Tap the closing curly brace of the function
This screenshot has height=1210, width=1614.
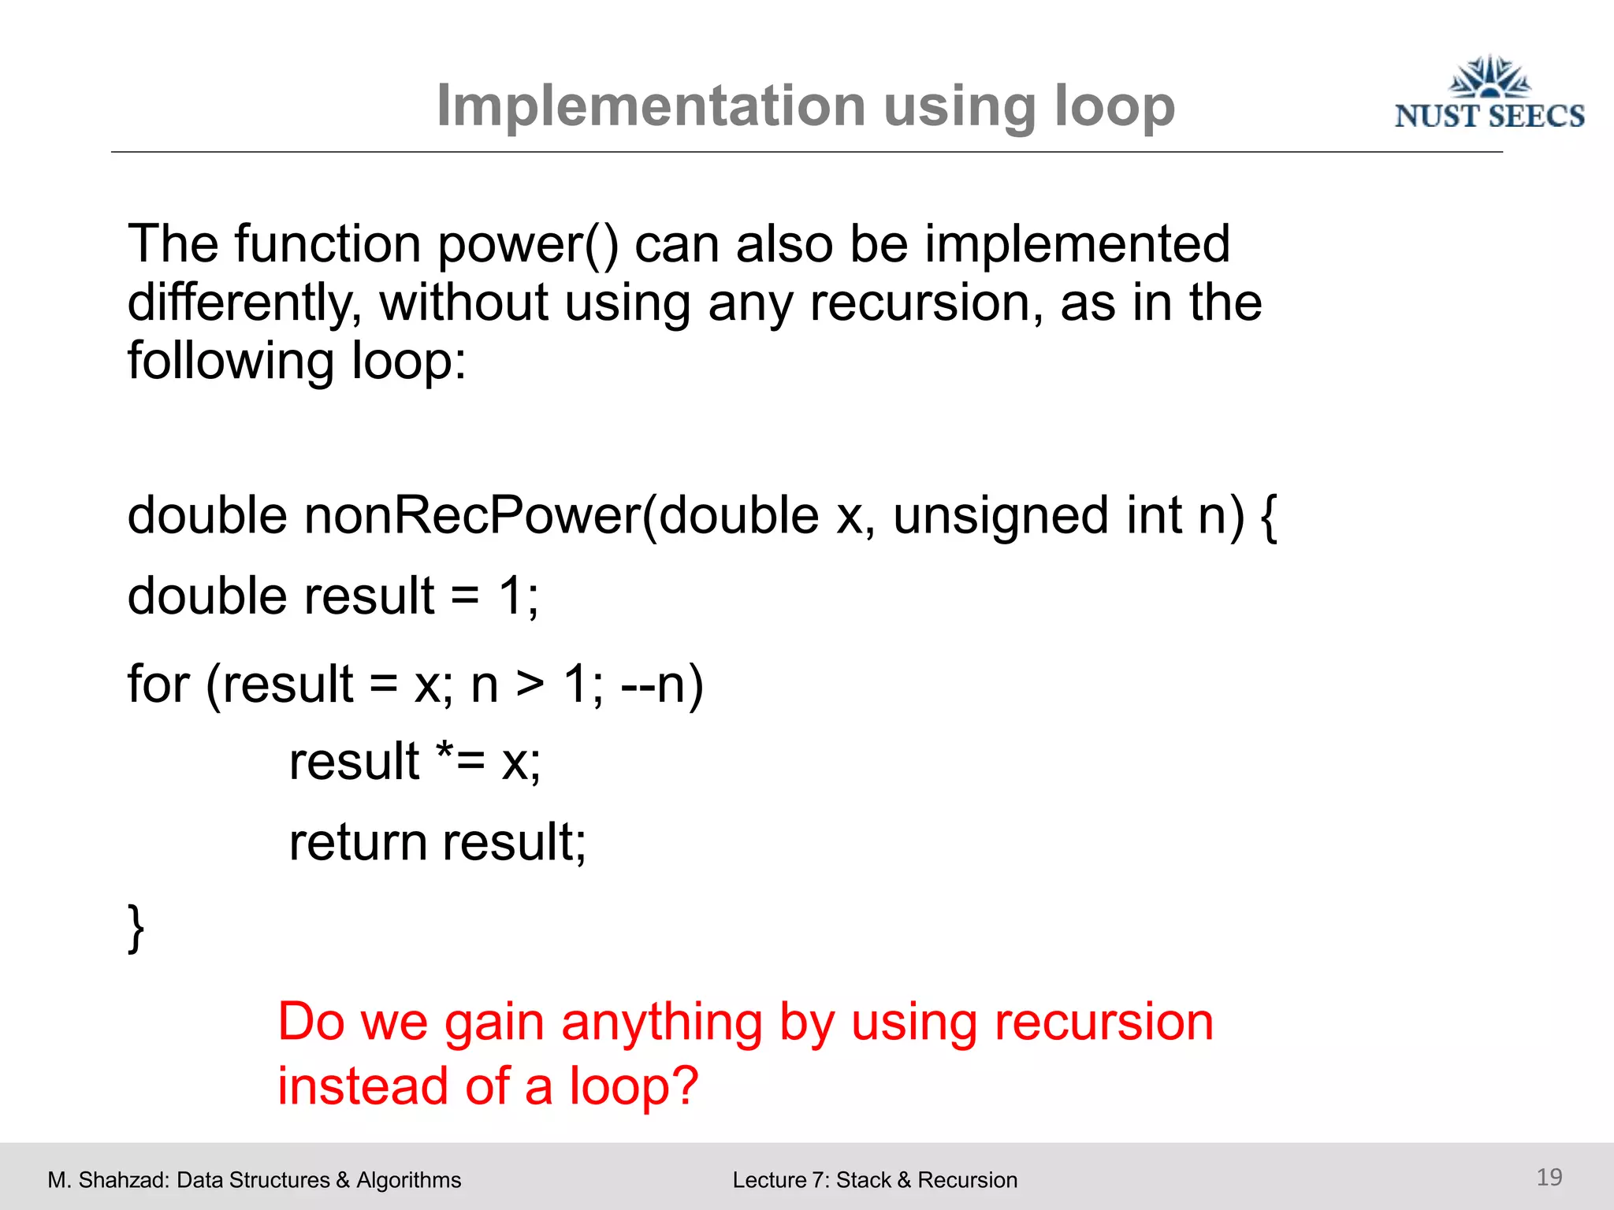136,928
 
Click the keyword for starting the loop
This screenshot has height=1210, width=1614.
158,684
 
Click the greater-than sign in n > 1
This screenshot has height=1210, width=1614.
530,684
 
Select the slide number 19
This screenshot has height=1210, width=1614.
1549,1177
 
